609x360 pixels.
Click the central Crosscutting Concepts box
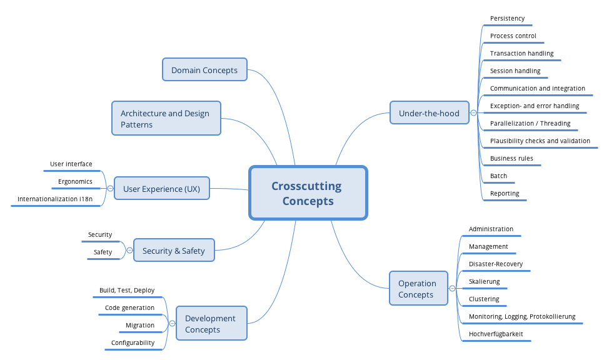[x=308, y=193]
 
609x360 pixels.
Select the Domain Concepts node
[x=204, y=70]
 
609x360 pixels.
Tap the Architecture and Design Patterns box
[x=166, y=119]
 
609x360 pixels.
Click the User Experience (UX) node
[x=161, y=189]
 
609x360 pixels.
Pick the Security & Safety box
[x=173, y=251]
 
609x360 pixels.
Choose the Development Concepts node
[x=211, y=324]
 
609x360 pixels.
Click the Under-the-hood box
[x=429, y=113]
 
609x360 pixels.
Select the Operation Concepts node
[x=418, y=289]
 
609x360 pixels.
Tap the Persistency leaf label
[x=507, y=19]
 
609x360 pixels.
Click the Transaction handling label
[x=521, y=54]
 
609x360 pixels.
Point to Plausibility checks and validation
[x=540, y=141]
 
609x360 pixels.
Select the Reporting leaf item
[x=505, y=194]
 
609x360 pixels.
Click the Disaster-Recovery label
[x=496, y=264]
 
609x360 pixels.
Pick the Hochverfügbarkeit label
[x=496, y=334]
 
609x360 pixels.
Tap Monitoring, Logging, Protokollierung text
[x=521, y=317]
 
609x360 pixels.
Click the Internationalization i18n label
[x=55, y=199]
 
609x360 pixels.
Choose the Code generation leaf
[x=129, y=308]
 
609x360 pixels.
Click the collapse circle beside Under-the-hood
[x=473, y=113]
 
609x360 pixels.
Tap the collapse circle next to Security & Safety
[x=129, y=251]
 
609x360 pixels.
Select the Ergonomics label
[x=76, y=182]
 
